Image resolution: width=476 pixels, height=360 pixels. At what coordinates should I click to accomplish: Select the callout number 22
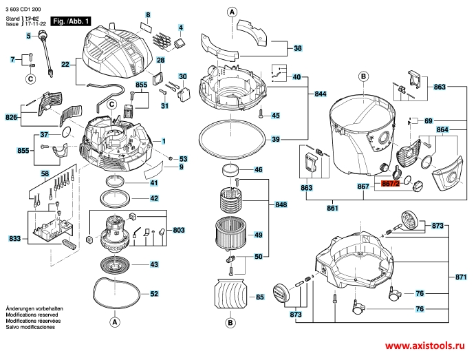click(x=65, y=65)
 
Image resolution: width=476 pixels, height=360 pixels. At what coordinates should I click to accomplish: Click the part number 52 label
click(x=154, y=293)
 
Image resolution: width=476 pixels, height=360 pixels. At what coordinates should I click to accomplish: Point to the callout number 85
click(x=259, y=297)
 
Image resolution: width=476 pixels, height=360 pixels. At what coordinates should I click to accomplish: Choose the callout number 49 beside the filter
click(x=259, y=235)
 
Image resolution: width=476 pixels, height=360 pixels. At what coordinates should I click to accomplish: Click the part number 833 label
click(x=14, y=238)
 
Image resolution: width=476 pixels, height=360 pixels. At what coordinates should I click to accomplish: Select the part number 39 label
click(x=275, y=140)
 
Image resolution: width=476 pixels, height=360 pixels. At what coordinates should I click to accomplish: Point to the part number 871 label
click(x=462, y=277)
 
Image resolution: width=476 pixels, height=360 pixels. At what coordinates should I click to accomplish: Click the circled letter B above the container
click(x=363, y=76)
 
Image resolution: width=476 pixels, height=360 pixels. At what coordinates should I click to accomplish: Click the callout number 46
click(x=259, y=169)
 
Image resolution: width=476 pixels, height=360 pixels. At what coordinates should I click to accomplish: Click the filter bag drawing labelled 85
click(x=230, y=295)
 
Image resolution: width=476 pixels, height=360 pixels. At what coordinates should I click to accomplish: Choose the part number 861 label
click(x=333, y=207)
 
